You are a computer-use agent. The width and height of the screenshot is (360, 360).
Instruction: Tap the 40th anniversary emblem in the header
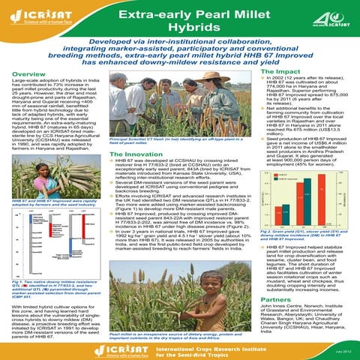[x=322, y=16]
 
